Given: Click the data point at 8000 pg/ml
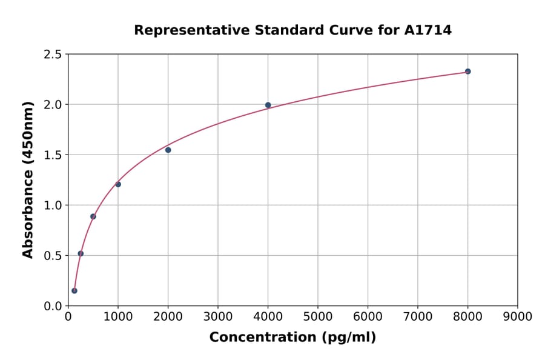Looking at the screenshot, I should click(467, 72).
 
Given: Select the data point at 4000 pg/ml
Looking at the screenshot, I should click(268, 105).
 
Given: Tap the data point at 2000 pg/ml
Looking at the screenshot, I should click(168, 150).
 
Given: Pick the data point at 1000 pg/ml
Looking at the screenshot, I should click(118, 184).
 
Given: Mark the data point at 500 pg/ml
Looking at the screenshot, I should click(93, 216).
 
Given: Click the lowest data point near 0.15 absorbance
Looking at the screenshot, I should click(74, 291).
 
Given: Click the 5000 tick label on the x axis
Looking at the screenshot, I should click(318, 316).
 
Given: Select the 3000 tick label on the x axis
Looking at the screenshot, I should click(218, 316).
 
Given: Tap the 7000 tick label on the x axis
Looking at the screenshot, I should click(418, 316).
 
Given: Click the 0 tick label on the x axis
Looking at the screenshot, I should click(68, 316).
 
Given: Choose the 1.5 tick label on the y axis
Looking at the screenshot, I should click(53, 155).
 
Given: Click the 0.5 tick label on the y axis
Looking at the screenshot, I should click(53, 256).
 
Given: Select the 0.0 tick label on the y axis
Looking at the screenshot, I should click(53, 306).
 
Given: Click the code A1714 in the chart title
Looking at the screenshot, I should click(428, 30).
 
